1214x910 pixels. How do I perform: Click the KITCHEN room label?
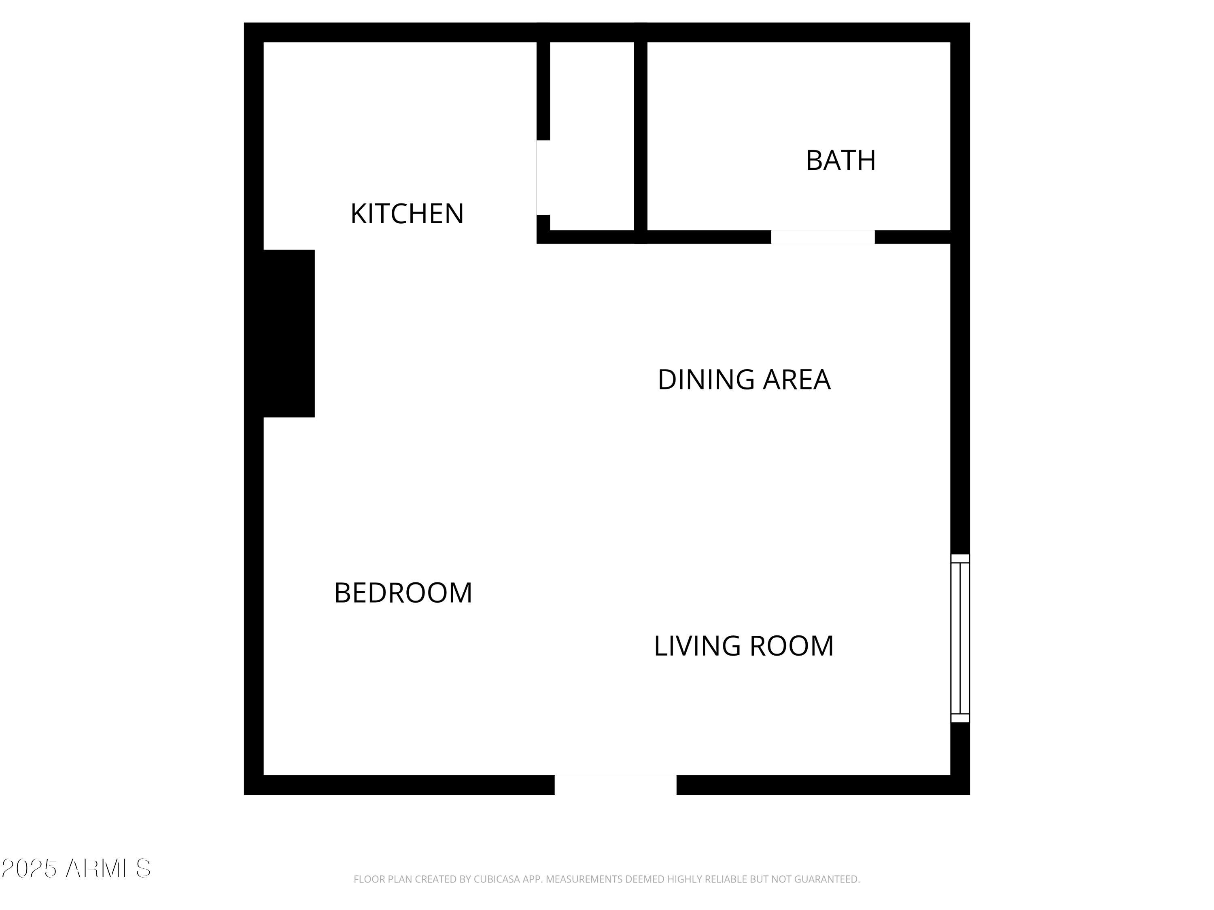(407, 214)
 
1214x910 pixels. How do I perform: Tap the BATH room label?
(840, 161)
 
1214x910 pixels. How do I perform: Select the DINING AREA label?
(744, 380)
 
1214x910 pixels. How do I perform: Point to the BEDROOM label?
(403, 593)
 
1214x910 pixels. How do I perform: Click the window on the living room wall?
(959, 638)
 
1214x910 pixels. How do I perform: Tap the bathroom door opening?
(822, 237)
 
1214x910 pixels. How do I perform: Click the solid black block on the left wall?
(289, 334)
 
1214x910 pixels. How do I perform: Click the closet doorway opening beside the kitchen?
(543, 177)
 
